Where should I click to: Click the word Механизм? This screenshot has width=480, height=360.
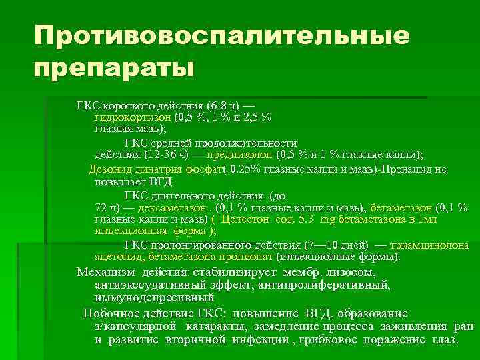(x=105, y=272)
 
